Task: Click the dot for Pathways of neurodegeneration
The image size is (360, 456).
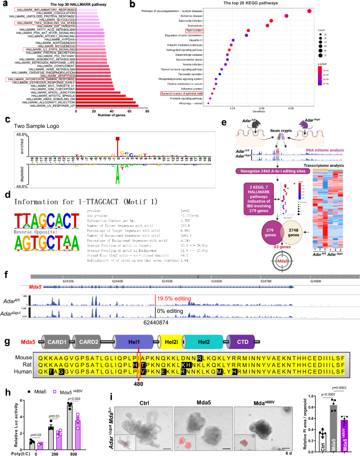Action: pos(309,11)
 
